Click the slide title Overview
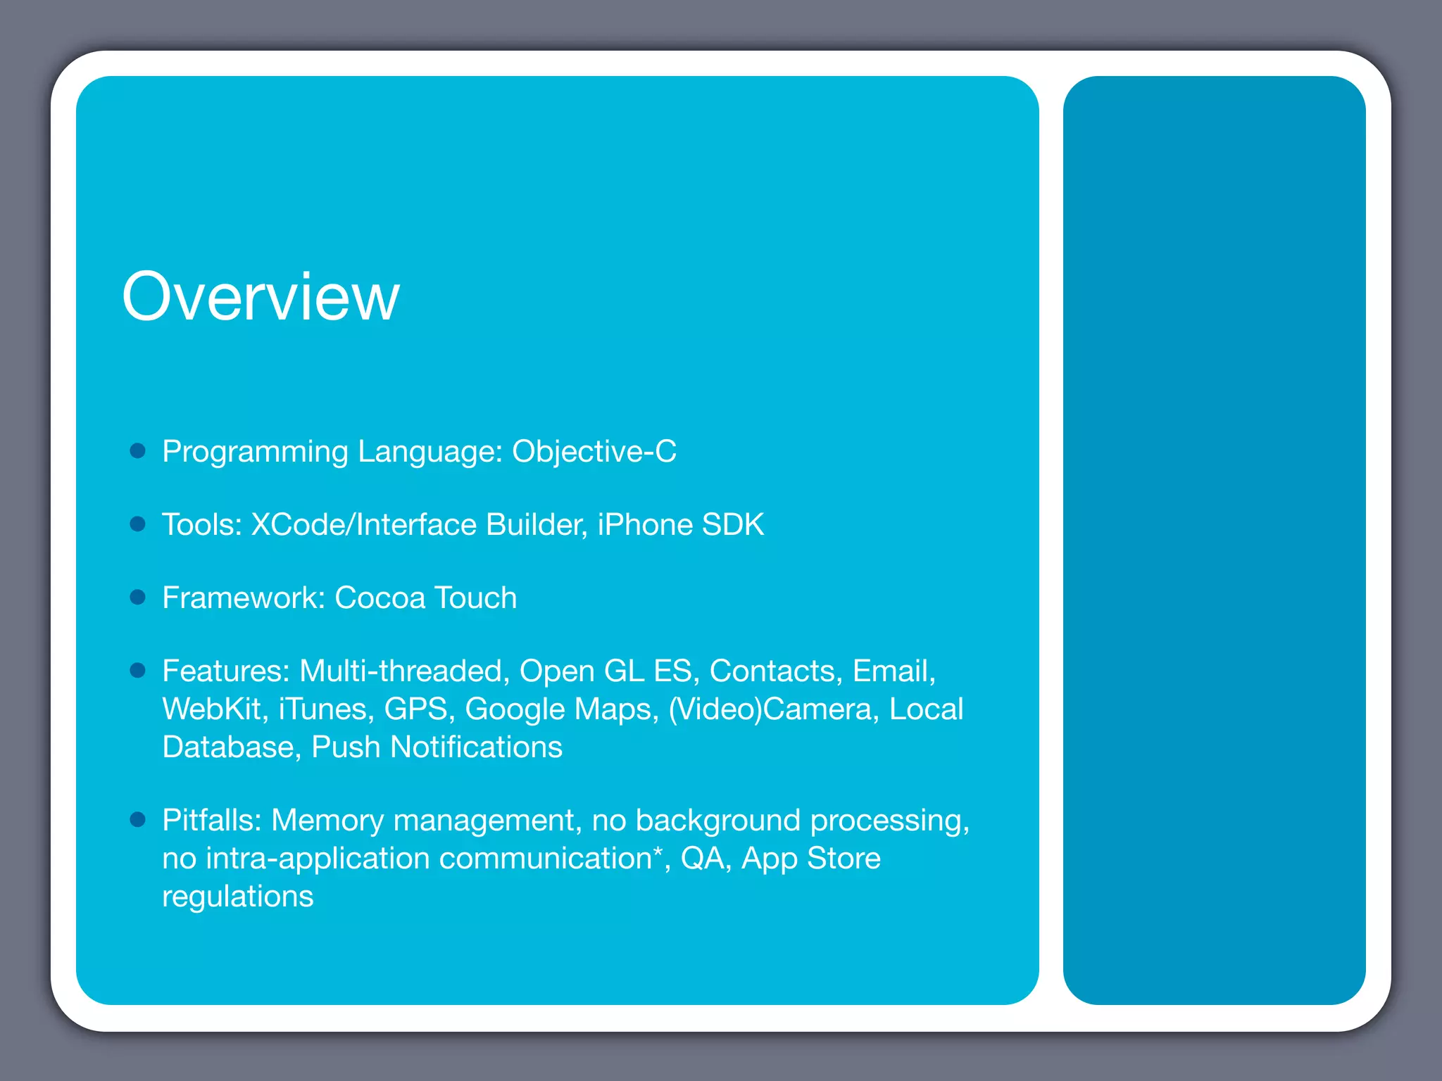[x=261, y=297]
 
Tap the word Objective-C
[x=594, y=452]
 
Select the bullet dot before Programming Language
[x=138, y=450]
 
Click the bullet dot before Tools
[x=138, y=524]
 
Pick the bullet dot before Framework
[x=138, y=597]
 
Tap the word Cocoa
[x=380, y=598]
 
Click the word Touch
[x=476, y=598]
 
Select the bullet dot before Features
[x=138, y=670]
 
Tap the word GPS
[x=416, y=709]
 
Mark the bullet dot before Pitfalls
[x=138, y=819]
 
